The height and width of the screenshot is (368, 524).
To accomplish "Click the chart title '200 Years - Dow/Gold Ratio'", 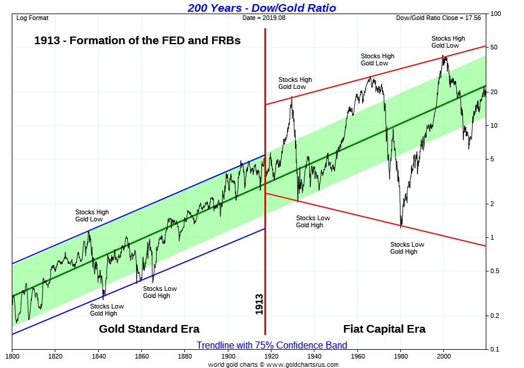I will pyautogui.click(x=262, y=8).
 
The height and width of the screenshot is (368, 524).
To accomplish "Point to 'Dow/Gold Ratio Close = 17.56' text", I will pyautogui.click(x=439, y=18).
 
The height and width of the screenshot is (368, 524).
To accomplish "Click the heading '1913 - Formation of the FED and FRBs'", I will pyautogui.click(x=137, y=41).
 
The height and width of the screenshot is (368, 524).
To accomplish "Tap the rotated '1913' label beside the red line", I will pyautogui.click(x=259, y=304).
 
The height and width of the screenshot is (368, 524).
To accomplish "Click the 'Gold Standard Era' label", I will pyautogui.click(x=149, y=329).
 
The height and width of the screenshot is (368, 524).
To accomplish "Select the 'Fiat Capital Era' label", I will pyautogui.click(x=384, y=329).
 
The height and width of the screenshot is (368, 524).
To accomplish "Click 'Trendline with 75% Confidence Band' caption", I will pyautogui.click(x=271, y=345).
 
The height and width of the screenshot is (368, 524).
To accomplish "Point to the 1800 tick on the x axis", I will pyautogui.click(x=12, y=356).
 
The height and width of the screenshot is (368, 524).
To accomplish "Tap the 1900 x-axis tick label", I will pyautogui.click(x=228, y=356).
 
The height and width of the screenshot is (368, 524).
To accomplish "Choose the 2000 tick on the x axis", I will pyautogui.click(x=444, y=356).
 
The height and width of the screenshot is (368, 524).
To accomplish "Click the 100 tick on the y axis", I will pyautogui.click(x=495, y=14).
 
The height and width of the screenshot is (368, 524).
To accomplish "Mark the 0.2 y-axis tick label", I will pyautogui.click(x=495, y=316).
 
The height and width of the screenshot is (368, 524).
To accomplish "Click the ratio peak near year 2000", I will pyautogui.click(x=444, y=56).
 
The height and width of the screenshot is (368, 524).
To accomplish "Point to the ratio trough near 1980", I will pyautogui.click(x=401, y=226).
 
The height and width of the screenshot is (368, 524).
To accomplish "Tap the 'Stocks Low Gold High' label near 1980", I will pyautogui.click(x=407, y=248).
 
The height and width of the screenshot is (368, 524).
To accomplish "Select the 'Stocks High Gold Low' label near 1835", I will pyautogui.click(x=92, y=216).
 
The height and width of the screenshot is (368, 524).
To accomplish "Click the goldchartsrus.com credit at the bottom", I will pyautogui.click(x=273, y=364).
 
